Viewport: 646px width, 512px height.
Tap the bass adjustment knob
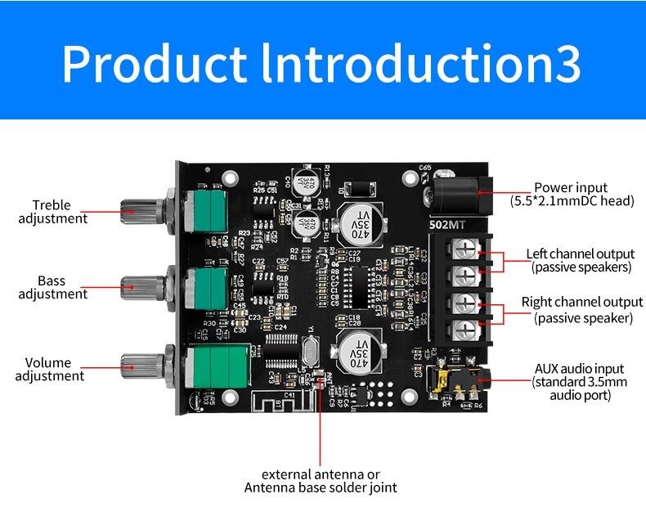140,285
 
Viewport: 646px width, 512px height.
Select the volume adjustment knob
140,362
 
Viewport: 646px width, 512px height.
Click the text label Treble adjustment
52,212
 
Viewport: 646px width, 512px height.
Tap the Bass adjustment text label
52,287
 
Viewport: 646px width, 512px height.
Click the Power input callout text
572,194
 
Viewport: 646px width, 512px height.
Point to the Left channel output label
581,260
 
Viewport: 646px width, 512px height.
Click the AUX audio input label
581,382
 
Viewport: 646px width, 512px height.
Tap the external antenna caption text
321,481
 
